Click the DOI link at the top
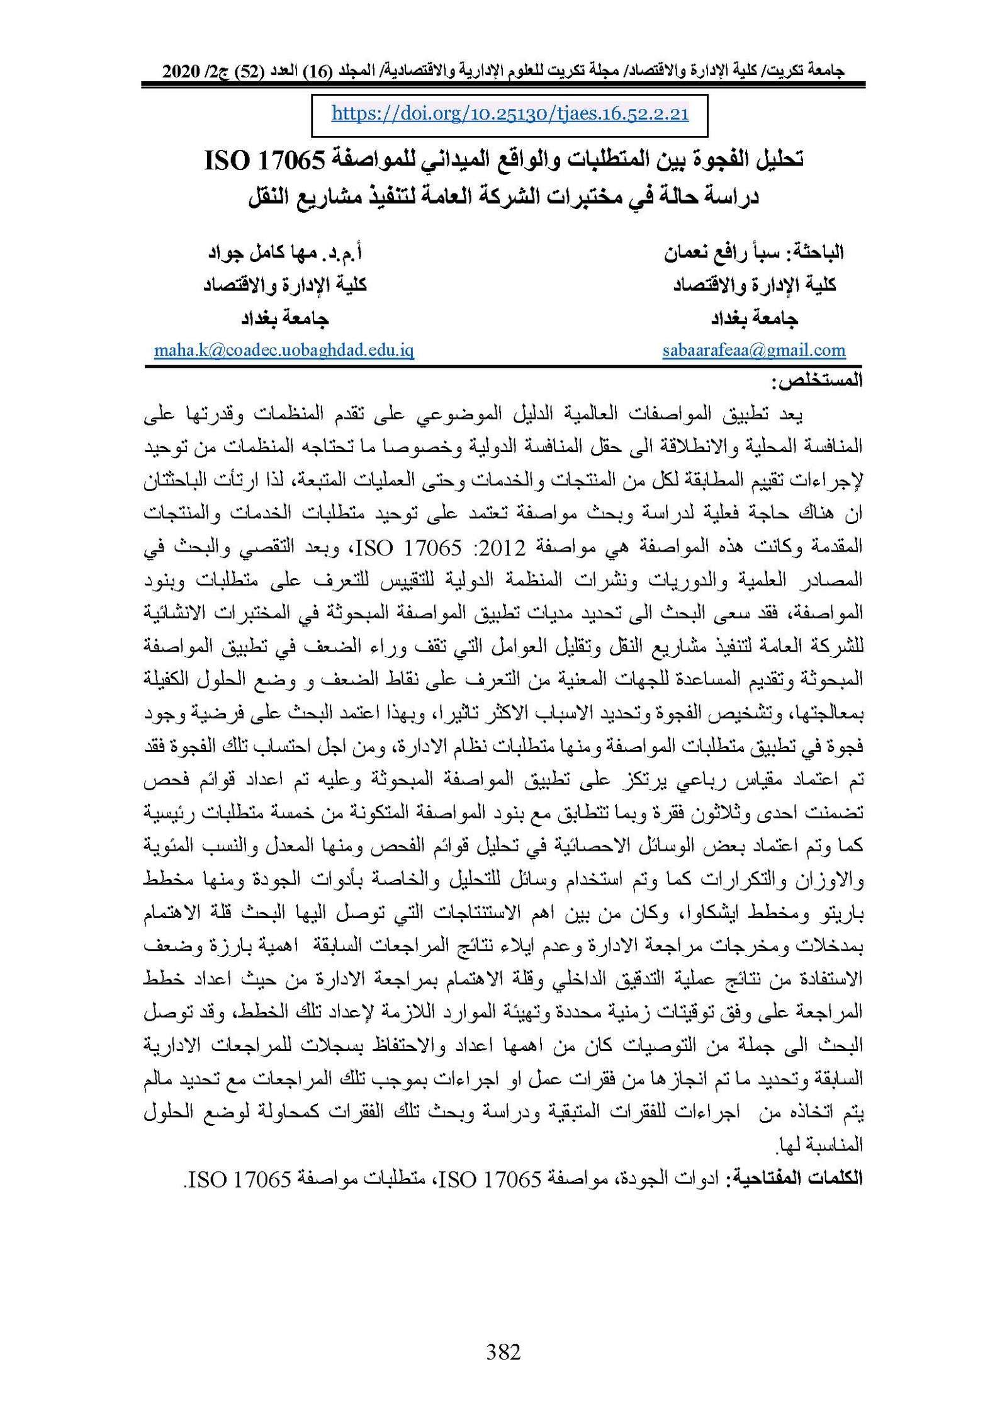(510, 114)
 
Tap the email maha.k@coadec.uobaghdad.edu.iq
(284, 350)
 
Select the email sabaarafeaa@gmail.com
(753, 350)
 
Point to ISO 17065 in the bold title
(264, 161)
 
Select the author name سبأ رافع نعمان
(717, 253)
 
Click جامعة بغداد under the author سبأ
(754, 319)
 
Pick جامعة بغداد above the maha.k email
(284, 319)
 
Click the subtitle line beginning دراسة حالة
(503, 196)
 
